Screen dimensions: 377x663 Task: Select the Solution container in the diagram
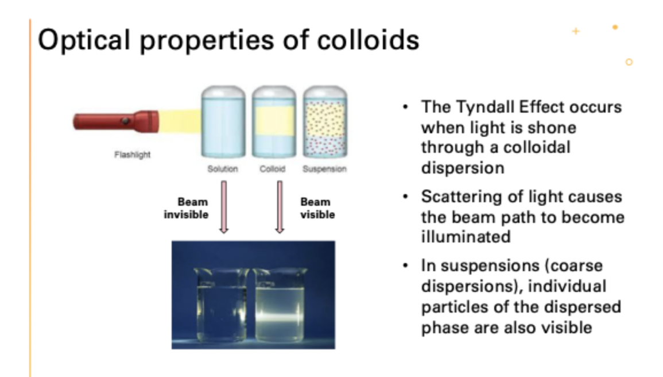(x=222, y=122)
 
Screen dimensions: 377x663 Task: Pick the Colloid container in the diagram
(x=273, y=122)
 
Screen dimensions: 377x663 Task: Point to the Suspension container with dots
(x=324, y=122)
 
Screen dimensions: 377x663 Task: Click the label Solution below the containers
(x=222, y=170)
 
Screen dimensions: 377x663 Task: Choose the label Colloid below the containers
(x=273, y=170)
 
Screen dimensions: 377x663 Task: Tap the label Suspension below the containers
(x=324, y=170)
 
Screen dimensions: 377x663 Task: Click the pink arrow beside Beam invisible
(x=224, y=207)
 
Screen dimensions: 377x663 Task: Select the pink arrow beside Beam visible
(x=280, y=207)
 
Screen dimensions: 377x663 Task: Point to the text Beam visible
(x=316, y=209)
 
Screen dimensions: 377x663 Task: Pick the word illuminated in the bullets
(x=466, y=236)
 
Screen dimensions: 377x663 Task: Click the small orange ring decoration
(x=629, y=61)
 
